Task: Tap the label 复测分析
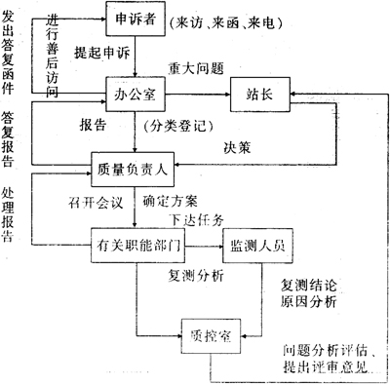pos(195,277)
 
